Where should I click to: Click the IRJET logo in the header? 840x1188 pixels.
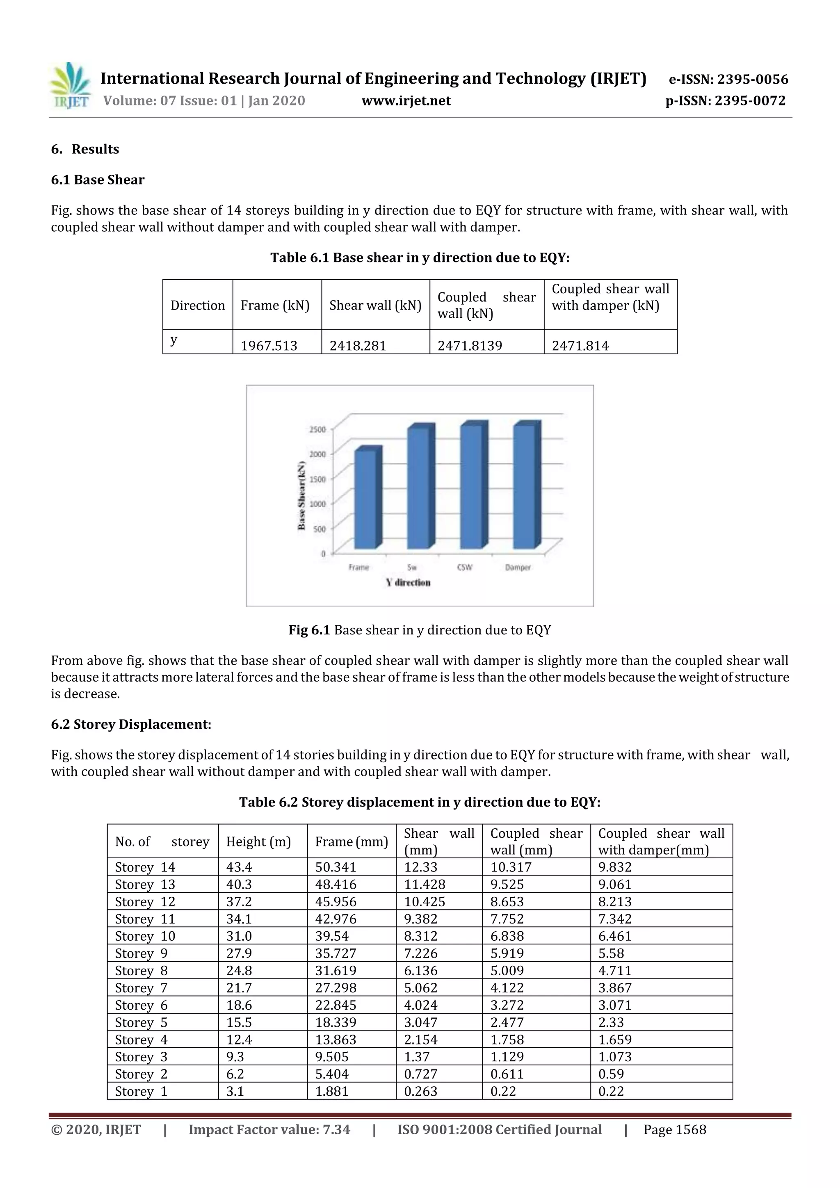[70, 86]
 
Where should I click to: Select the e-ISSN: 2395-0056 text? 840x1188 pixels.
[728, 80]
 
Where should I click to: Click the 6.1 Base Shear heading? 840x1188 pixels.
[98, 180]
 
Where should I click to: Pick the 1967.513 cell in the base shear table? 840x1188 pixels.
[269, 346]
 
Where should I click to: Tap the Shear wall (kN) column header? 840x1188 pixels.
[375, 305]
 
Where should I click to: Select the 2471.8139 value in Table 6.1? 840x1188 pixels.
[470, 346]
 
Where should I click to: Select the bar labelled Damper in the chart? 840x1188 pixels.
[525, 486]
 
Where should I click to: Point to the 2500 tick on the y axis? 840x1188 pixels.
[317, 429]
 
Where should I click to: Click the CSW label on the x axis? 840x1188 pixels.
[464, 567]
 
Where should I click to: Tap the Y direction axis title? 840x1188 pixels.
[409, 583]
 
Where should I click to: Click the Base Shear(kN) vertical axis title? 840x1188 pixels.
[301, 495]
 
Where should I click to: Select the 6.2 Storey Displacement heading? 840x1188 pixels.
[131, 724]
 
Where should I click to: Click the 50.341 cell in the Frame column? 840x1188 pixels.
[336, 867]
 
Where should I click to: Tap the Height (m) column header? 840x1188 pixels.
[258, 842]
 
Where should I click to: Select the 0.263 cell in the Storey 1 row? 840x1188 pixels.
[420, 1091]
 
